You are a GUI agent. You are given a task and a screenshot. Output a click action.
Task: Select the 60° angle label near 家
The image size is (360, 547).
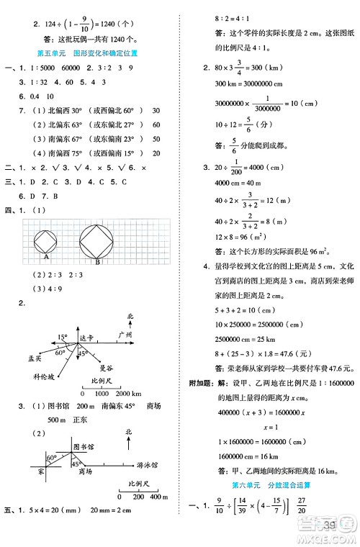52,458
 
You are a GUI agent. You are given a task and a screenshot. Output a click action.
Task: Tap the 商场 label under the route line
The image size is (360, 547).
89,471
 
